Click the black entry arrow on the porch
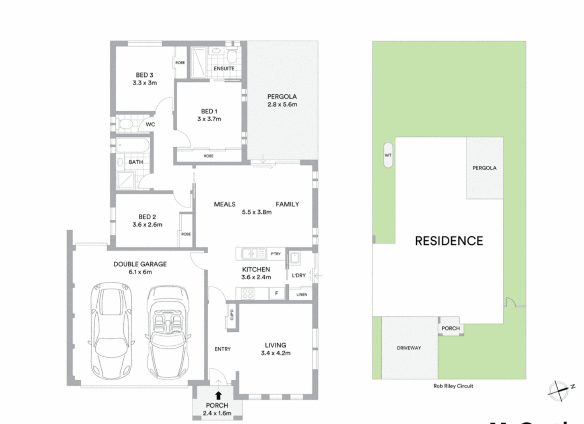pos(218,395)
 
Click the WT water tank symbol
pos(388,155)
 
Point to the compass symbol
pos(560,390)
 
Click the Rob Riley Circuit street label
pos(453,386)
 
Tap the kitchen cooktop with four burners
pos(248,293)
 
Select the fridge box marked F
pos(276,293)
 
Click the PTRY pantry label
pos(276,254)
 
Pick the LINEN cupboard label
pos(301,294)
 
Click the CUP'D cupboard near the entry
pos(231,315)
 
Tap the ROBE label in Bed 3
pos(180,63)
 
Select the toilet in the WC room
pos(125,124)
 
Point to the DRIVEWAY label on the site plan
pos(409,348)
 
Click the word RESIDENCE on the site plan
pos(449,241)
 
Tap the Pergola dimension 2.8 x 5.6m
pos(282,104)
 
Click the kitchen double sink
pos(252,254)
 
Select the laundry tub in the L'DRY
pos(294,258)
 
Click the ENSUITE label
pos(224,68)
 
